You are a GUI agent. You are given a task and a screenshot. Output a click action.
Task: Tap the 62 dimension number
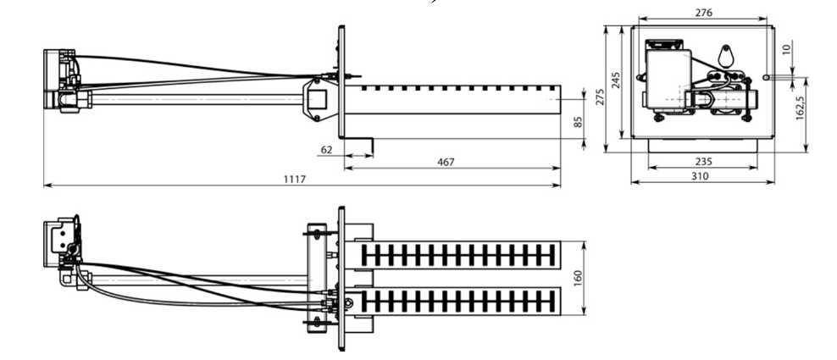tap(327, 149)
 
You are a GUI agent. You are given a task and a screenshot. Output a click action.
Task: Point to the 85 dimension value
tap(579, 122)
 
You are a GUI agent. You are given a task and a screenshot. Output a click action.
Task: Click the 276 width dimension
tap(702, 13)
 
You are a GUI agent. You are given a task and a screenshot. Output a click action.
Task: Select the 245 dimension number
tap(616, 80)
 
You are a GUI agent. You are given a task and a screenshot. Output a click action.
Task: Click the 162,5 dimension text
tap(801, 107)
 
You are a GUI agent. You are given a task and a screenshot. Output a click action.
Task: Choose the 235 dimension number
tap(702, 160)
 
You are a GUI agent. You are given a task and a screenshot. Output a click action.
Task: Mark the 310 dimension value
tap(700, 176)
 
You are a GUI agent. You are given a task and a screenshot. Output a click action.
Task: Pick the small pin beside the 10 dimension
tap(766, 77)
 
